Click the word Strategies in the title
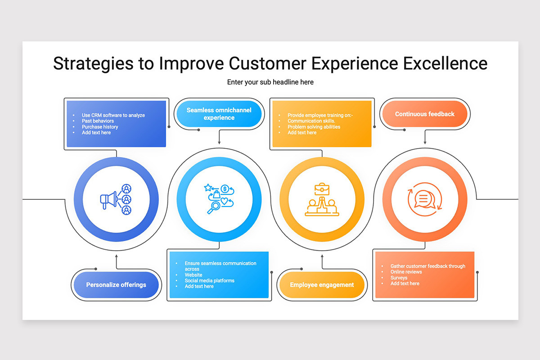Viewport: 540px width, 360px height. click(93, 63)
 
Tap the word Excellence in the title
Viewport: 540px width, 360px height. click(445, 63)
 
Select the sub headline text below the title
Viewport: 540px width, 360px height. click(270, 82)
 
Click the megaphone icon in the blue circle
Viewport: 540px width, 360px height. click(109, 199)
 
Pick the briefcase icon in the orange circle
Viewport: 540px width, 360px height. click(322, 189)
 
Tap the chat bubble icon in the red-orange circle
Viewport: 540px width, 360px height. click(424, 199)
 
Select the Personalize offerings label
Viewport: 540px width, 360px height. click(116, 285)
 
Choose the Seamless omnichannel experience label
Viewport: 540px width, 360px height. click(219, 114)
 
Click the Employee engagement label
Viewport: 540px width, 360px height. click(322, 285)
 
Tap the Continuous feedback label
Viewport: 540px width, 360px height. click(424, 114)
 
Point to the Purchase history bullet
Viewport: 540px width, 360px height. click(100, 127)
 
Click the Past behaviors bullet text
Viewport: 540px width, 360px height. click(98, 121)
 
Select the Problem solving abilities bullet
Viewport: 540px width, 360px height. click(314, 127)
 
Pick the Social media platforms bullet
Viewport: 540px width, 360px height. click(210, 281)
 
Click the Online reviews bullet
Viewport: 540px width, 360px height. click(406, 272)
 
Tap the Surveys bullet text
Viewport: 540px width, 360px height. click(399, 278)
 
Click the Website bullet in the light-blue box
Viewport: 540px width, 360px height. click(193, 275)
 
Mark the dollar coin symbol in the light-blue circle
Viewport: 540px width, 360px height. click(225, 189)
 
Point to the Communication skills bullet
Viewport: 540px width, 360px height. click(311, 121)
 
